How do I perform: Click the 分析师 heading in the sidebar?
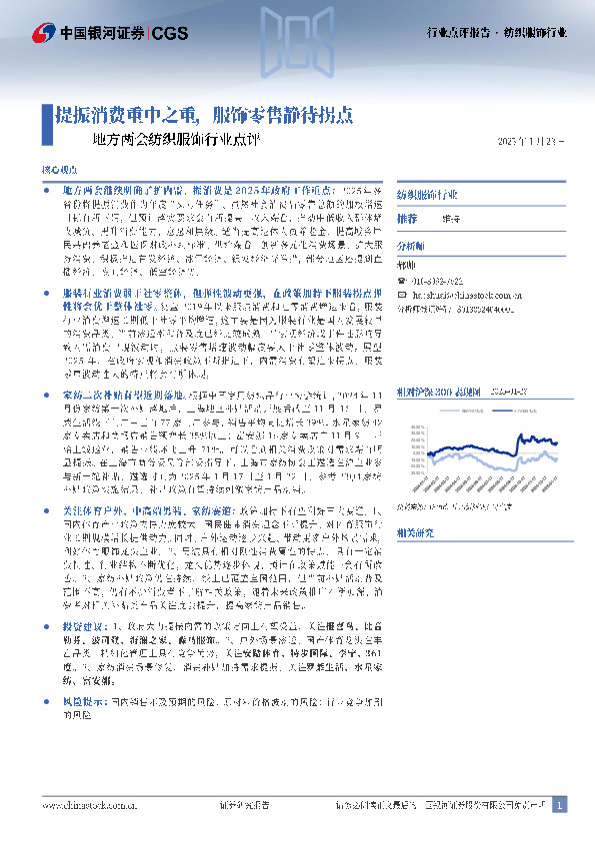[411, 244]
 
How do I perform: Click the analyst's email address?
[470, 297]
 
